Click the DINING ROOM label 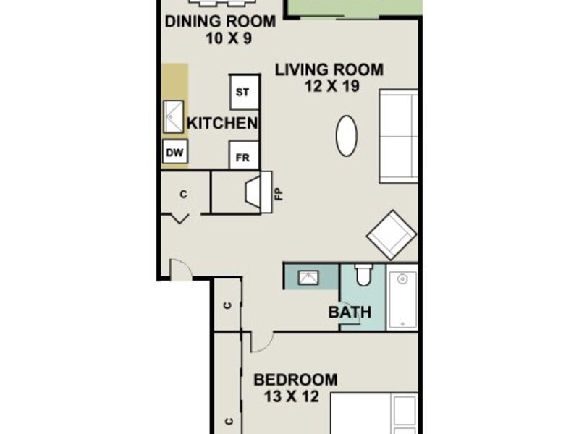pos(220,22)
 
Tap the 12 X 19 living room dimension pos(331,86)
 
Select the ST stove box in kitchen pos(244,92)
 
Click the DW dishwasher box pos(175,152)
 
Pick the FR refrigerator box pos(244,156)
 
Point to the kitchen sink pos(174,116)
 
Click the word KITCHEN pos(222,123)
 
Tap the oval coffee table pos(347,136)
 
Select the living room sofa pos(399,136)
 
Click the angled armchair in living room pos(392,234)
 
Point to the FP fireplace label pos(279,194)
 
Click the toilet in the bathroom pos(363,275)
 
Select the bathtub pos(402,297)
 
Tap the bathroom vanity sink pos(308,277)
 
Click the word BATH pos(350,312)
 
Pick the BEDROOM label pos(295,380)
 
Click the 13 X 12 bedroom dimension pos(292,396)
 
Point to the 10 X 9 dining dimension pos(229,38)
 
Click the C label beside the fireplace pos(184,194)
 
